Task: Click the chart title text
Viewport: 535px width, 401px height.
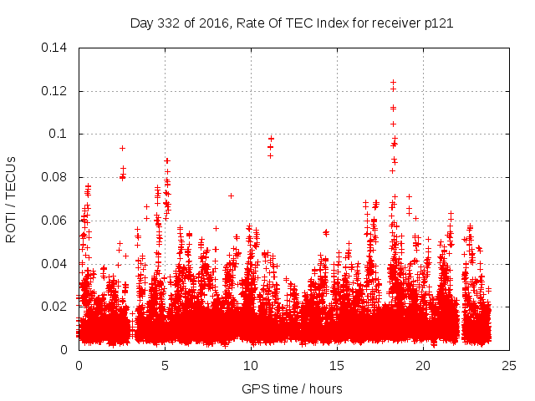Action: click(292, 23)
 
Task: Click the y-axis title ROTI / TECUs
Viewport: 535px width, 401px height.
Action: click(11, 199)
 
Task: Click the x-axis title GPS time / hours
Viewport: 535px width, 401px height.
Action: click(292, 388)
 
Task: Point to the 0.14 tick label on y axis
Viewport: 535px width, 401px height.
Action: click(55, 48)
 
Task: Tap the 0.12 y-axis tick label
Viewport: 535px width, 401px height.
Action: click(55, 91)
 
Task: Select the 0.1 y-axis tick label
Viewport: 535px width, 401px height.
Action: click(60, 134)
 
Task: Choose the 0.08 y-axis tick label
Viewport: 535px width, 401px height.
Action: click(55, 177)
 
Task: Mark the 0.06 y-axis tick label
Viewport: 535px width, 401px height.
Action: click(55, 221)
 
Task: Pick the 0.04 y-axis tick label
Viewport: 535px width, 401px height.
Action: click(55, 264)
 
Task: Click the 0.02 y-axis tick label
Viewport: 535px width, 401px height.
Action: click(55, 307)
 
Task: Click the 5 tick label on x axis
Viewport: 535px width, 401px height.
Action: click(165, 365)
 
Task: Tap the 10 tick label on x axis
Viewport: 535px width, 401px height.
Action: click(251, 365)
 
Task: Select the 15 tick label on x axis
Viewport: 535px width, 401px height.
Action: click(337, 365)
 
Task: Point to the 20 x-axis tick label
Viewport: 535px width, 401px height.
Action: click(423, 365)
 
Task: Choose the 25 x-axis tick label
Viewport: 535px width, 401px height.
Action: click(509, 365)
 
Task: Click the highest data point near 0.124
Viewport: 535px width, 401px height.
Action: click(393, 82)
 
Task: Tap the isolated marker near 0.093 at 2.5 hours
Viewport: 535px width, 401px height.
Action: click(122, 148)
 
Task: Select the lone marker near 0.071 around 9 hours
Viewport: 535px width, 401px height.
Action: click(231, 195)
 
